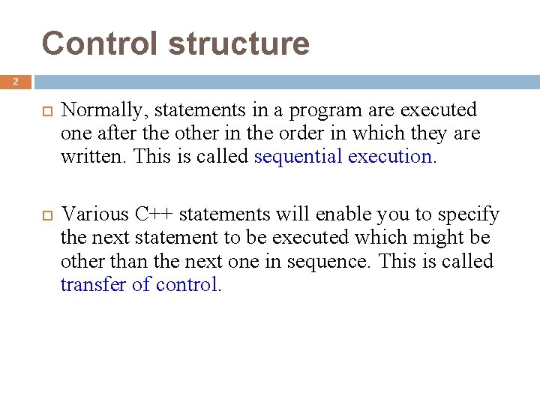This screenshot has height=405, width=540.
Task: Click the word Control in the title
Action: [x=100, y=43]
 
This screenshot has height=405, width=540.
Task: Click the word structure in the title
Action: [x=238, y=43]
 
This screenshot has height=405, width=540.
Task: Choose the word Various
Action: [x=95, y=214]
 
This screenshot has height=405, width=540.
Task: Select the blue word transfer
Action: [x=95, y=284]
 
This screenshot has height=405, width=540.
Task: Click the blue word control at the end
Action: [x=188, y=284]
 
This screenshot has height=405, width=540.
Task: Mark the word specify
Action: [x=468, y=214]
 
